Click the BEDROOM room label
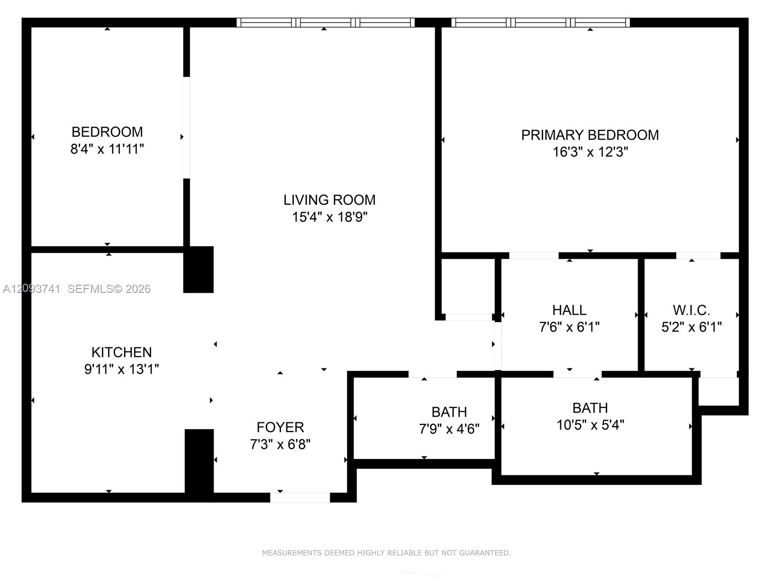107,132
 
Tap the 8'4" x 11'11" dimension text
107,149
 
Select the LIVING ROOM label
329,200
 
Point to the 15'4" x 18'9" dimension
329,217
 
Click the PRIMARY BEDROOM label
590,135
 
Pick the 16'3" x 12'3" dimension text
590,152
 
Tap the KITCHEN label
121,353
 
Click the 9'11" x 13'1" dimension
121,369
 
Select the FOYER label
280,427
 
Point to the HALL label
569,310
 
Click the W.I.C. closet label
691,310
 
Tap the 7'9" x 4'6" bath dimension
449,429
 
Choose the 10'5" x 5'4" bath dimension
590,425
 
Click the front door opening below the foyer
300,497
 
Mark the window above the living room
325,23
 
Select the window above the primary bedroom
540,23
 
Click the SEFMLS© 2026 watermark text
109,289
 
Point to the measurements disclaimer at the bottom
386,553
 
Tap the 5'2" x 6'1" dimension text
691,327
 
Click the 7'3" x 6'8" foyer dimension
280,444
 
